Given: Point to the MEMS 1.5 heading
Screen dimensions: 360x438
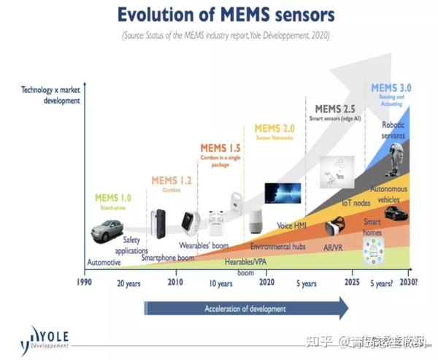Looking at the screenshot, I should coord(220,148).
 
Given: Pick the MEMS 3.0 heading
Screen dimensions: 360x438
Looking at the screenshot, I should coord(391,88).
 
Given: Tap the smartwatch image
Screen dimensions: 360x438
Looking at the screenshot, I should coord(191,222).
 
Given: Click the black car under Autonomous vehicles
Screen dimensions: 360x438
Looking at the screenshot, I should coord(396,214).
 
